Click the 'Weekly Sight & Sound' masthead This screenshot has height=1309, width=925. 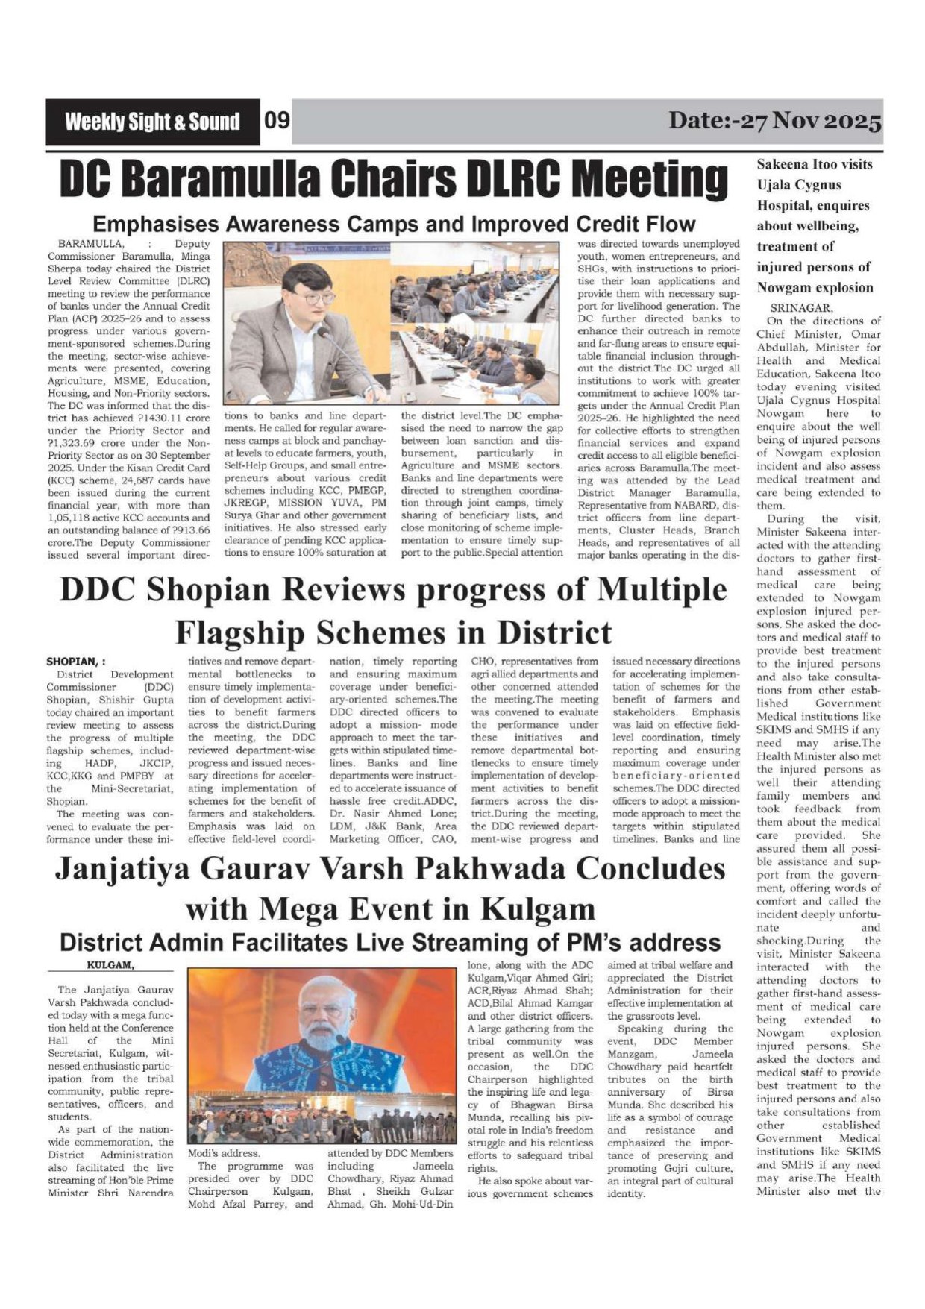point(152,122)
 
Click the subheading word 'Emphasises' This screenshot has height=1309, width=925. point(156,224)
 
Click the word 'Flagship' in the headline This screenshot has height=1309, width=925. point(239,632)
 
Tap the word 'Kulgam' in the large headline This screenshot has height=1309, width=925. point(537,909)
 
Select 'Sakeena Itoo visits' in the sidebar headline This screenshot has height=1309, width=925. point(815,164)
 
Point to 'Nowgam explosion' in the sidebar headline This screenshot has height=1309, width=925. point(815,287)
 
